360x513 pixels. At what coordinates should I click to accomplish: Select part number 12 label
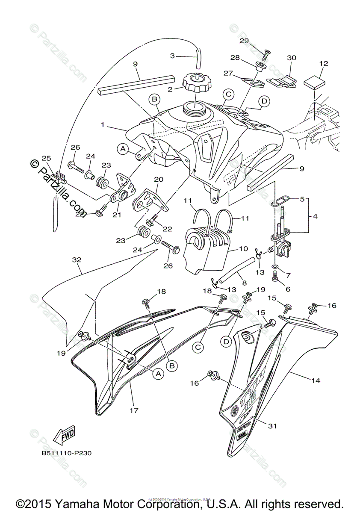click(323, 64)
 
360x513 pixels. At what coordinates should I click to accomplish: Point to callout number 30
click(291, 58)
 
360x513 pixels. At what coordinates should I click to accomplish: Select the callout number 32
click(77, 271)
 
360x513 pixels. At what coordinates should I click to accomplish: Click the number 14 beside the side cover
click(316, 380)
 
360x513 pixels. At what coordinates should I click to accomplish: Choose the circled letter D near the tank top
click(264, 101)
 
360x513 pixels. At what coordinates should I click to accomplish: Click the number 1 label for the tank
click(102, 126)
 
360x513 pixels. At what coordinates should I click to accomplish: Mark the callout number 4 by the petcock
click(315, 216)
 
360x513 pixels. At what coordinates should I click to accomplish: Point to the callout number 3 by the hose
click(172, 56)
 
